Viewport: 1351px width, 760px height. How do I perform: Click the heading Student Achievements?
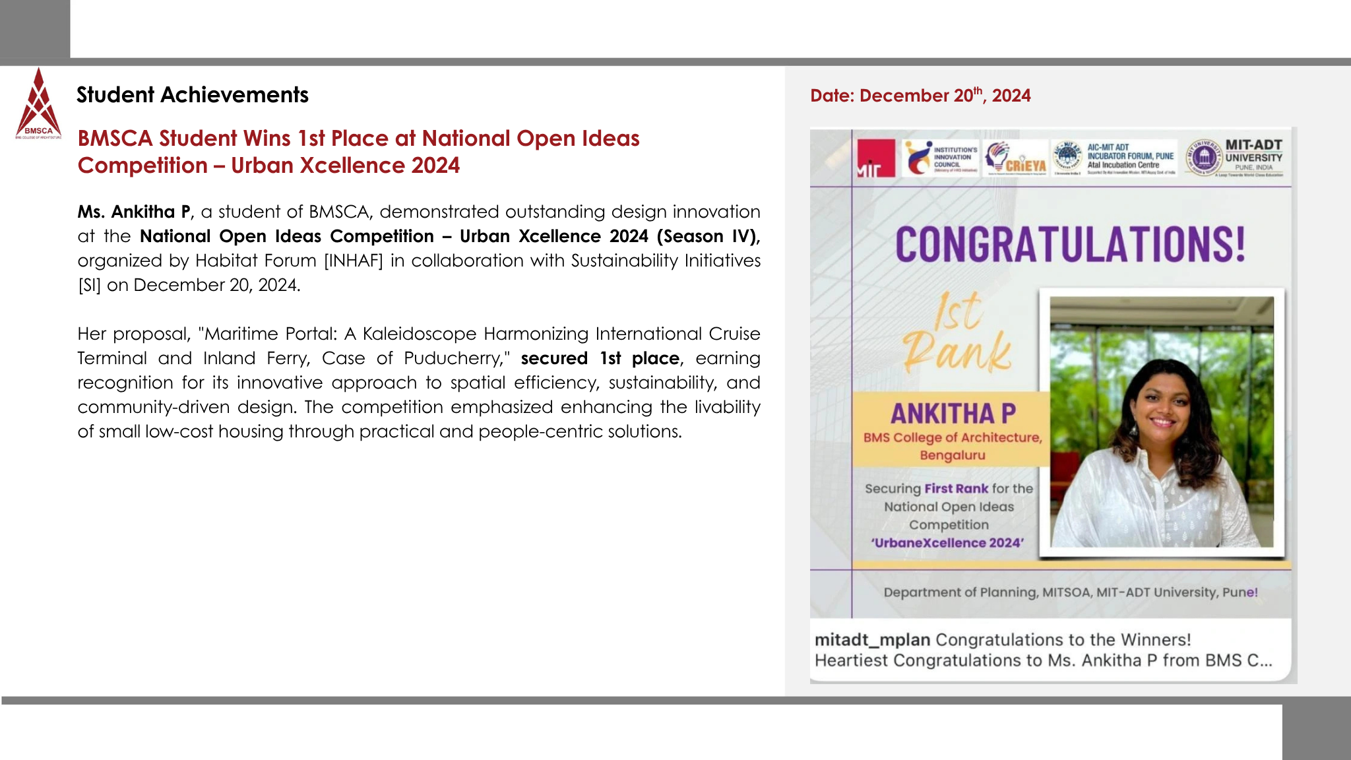pyautogui.click(x=192, y=95)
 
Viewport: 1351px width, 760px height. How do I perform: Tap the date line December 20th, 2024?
pyautogui.click(x=920, y=96)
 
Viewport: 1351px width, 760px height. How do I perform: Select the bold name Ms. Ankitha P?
pyautogui.click(x=134, y=212)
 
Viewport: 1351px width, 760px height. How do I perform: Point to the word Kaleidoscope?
pyautogui.click(x=420, y=334)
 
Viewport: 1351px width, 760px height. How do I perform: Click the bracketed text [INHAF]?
pyautogui.click(x=353, y=261)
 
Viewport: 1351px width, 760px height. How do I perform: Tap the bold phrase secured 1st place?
pyautogui.click(x=600, y=358)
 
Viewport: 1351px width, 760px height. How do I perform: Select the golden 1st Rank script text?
pyautogui.click(x=957, y=333)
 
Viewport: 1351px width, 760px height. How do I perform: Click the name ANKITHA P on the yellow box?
pyautogui.click(x=953, y=414)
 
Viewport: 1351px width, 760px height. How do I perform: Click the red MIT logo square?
pyautogui.click(x=875, y=158)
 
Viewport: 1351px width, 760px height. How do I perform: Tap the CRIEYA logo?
pyautogui.click(x=1015, y=158)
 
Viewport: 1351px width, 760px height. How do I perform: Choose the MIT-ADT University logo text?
pyautogui.click(x=1253, y=152)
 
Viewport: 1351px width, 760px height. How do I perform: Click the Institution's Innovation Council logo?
pyautogui.click(x=941, y=158)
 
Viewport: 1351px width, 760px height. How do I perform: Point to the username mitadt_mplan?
pyautogui.click(x=872, y=640)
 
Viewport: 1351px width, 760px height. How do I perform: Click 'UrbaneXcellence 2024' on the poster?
pyautogui.click(x=947, y=543)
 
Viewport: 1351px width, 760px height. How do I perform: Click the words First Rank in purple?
pyautogui.click(x=956, y=489)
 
